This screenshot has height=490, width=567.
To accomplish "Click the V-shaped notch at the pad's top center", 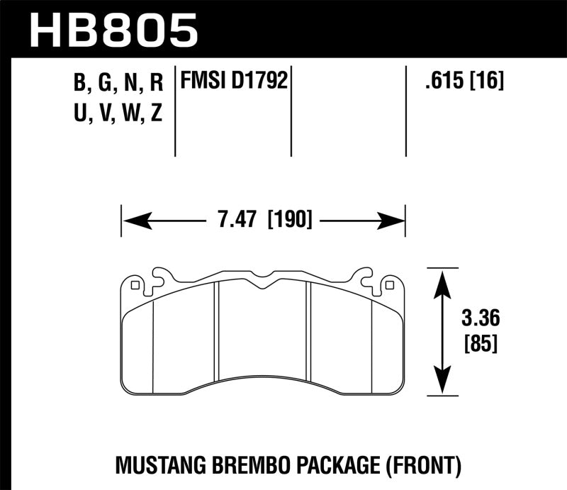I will click(262, 285).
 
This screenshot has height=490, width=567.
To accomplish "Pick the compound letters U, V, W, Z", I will click(118, 113).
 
